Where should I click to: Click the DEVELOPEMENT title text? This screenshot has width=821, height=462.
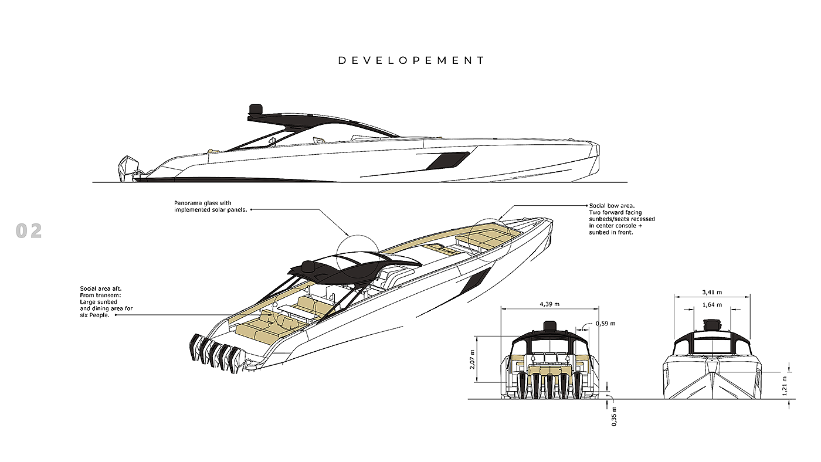(411, 60)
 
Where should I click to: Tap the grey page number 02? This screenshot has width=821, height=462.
(29, 231)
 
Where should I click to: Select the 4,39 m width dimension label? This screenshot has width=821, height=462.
(549, 304)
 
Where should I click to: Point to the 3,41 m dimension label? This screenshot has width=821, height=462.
(711, 292)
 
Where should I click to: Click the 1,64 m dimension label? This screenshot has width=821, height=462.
(711, 305)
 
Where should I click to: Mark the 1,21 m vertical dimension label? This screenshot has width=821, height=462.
(785, 386)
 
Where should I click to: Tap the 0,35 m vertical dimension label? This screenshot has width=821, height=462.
(614, 416)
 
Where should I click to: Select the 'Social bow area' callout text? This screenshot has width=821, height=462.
(622, 219)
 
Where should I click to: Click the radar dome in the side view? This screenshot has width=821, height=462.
(256, 110)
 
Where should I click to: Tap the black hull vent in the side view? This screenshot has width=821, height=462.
(447, 160)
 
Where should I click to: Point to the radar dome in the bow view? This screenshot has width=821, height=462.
(711, 324)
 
